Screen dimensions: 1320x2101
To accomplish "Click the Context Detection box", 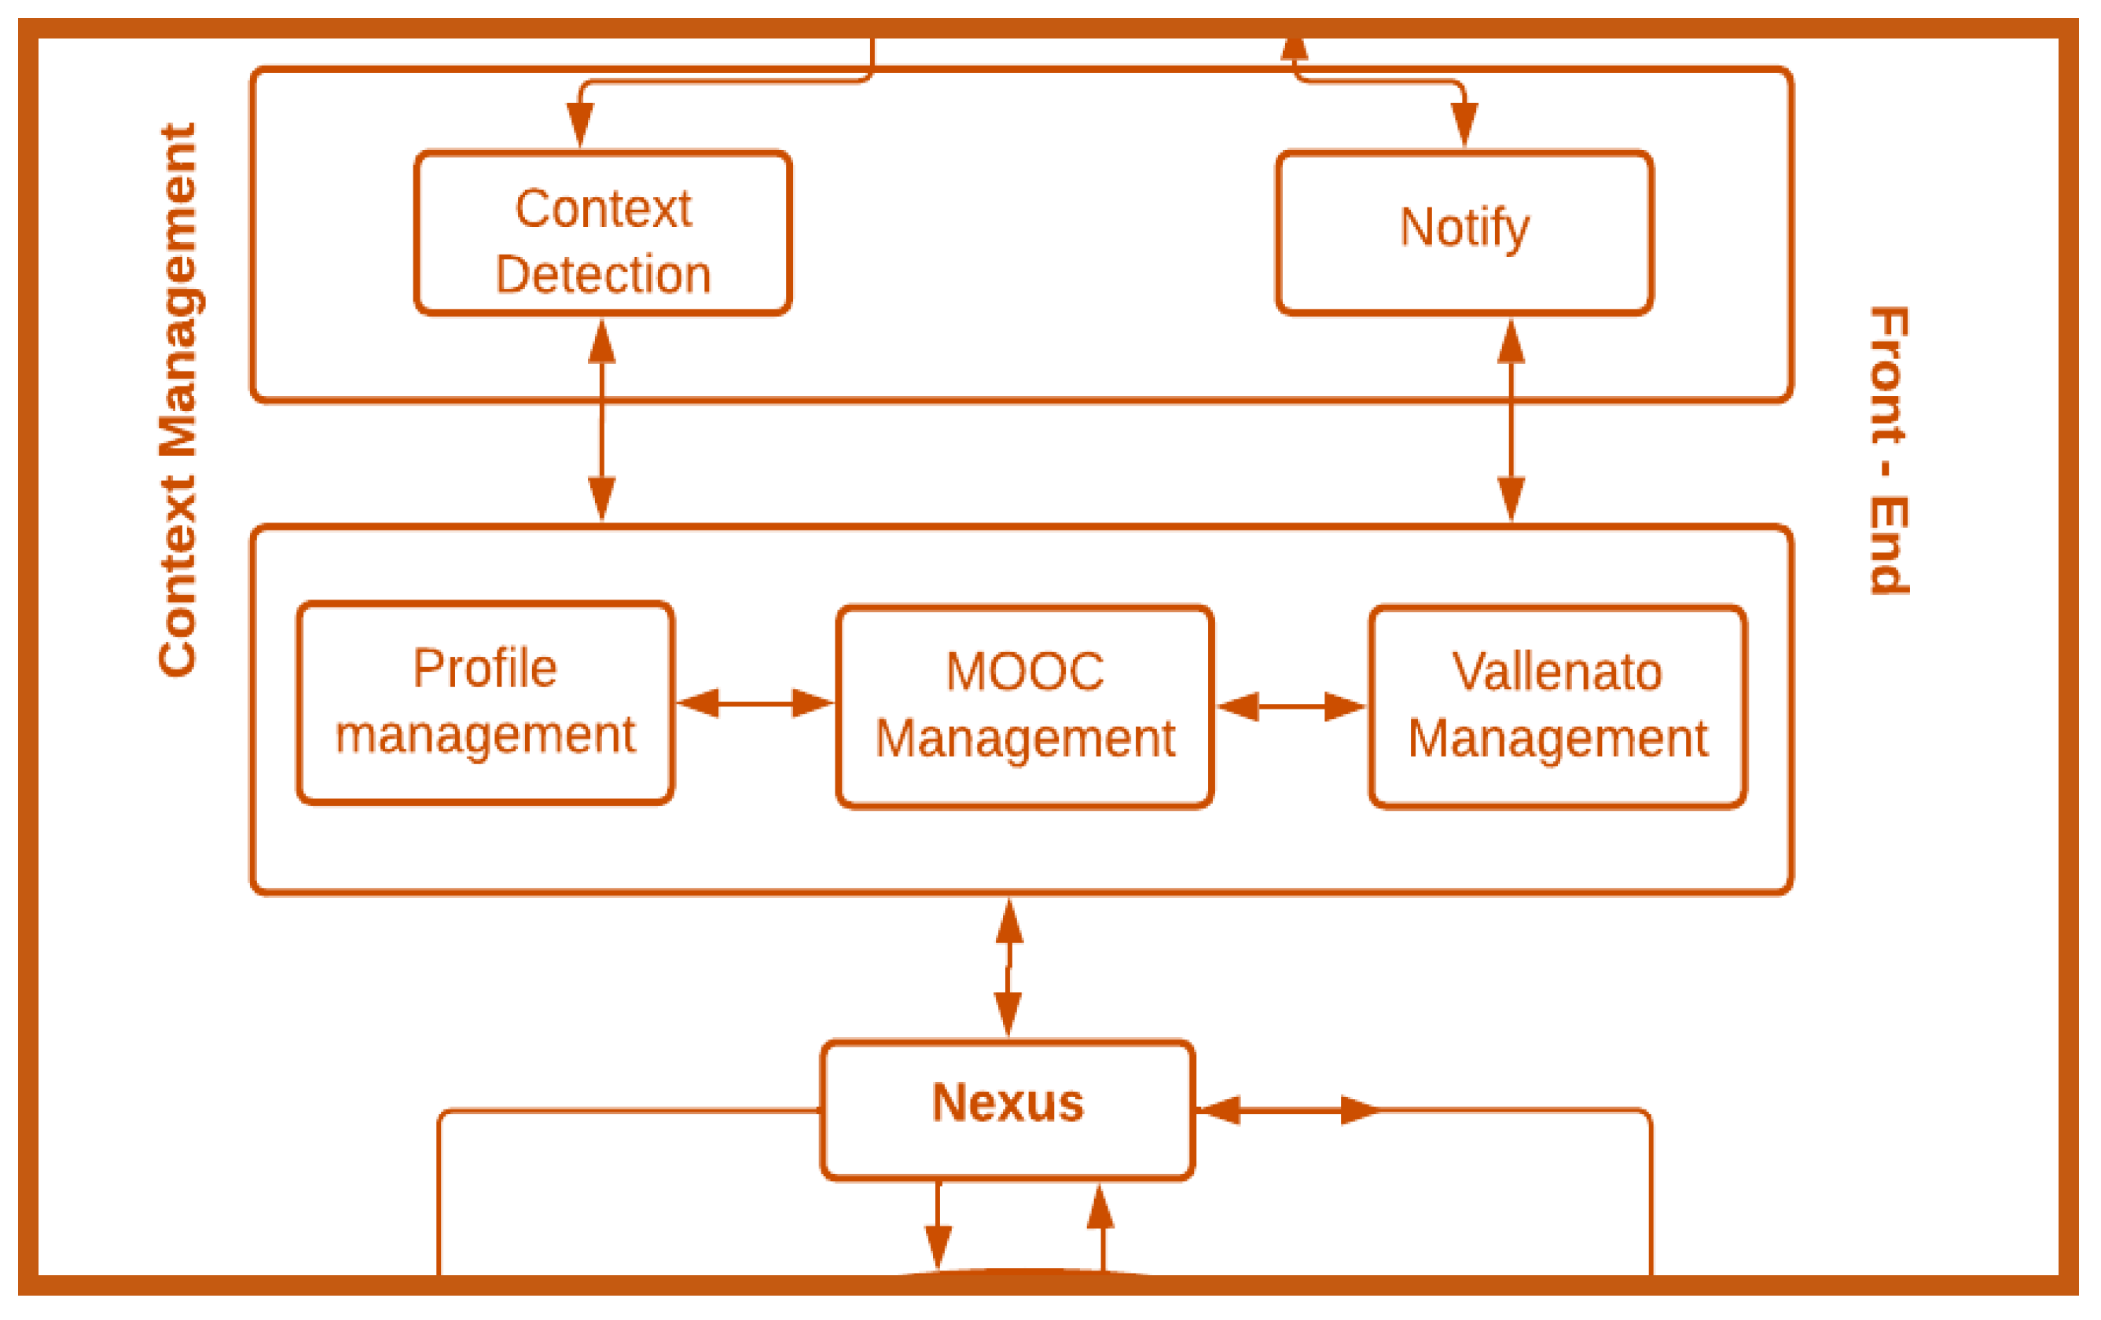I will (602, 232).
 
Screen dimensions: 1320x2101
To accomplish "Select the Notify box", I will (1464, 232).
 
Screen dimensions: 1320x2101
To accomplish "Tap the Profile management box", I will (484, 702).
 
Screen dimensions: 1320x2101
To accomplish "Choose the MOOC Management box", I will (1024, 706).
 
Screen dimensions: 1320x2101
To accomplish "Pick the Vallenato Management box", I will (1556, 706).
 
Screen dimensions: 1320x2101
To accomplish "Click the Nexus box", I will (1007, 1109).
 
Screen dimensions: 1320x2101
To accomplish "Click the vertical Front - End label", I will (1888, 450).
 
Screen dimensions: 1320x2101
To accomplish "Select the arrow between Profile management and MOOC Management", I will (755, 702).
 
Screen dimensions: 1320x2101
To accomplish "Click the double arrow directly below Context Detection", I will (602, 419).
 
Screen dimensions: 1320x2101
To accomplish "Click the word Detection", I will (603, 275).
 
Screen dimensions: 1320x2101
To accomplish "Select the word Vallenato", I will (1556, 672).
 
